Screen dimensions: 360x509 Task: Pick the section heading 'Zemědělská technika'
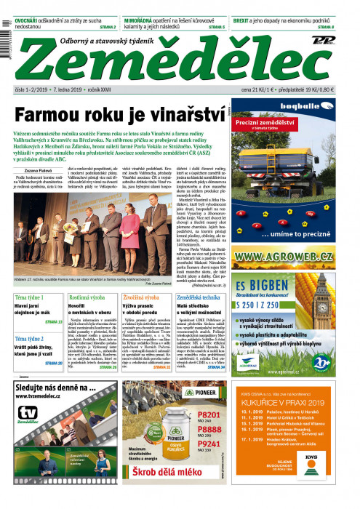click(201, 298)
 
